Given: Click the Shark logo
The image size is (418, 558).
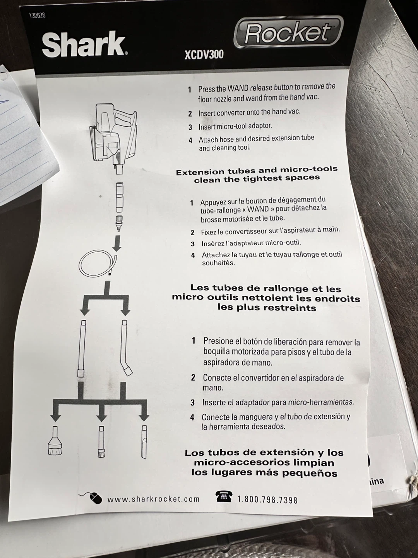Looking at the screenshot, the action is pos(84,45).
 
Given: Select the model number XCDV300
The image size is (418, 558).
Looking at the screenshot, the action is pos(204,54).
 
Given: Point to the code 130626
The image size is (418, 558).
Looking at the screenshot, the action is pos(37,15).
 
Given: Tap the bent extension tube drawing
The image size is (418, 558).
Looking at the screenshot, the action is pos(126,348).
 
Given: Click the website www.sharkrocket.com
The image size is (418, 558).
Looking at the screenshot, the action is pos(153,499).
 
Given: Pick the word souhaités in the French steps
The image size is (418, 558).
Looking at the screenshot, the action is pos(219,263).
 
